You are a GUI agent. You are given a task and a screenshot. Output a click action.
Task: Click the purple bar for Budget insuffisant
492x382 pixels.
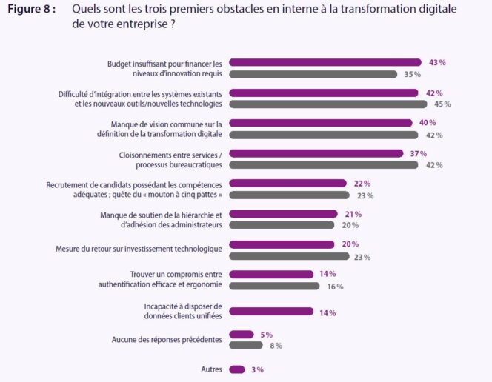[x=325, y=63]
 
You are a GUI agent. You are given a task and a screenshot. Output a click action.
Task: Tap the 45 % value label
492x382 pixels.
[x=443, y=104]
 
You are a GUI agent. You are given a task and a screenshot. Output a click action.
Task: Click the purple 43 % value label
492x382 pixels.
[x=437, y=63]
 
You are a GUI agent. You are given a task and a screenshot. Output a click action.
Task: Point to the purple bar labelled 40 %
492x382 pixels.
[x=320, y=123]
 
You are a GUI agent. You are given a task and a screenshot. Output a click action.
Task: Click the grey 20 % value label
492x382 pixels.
[x=350, y=226]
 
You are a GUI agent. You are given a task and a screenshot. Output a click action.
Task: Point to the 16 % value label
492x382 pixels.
[x=335, y=286]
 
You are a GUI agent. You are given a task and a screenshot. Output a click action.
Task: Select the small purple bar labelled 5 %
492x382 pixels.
[x=242, y=335]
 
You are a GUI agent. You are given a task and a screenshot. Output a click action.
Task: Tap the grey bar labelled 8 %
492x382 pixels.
[x=246, y=346]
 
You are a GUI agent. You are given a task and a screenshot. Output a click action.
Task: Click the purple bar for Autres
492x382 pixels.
[x=237, y=369]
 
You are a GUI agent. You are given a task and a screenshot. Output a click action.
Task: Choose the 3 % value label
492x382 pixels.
[x=257, y=369]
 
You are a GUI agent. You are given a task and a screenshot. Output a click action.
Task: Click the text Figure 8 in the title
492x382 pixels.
[x=32, y=10]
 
